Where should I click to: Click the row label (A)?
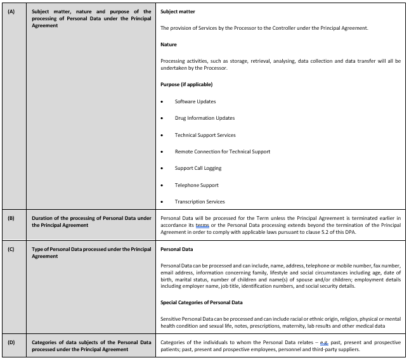(x=11, y=11)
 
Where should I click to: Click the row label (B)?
(x=11, y=219)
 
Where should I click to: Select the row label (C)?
(x=11, y=249)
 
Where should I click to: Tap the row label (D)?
(x=11, y=343)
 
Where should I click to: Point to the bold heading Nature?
(x=169, y=44)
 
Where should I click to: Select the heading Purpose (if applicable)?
(x=186, y=84)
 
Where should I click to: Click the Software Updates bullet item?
(x=195, y=101)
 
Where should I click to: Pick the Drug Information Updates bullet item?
(x=205, y=118)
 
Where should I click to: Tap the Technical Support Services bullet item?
(x=205, y=135)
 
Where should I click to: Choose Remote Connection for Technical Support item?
(x=223, y=151)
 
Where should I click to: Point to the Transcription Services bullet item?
(x=200, y=202)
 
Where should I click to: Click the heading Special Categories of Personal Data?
(x=202, y=302)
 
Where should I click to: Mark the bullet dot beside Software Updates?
(x=162, y=101)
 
